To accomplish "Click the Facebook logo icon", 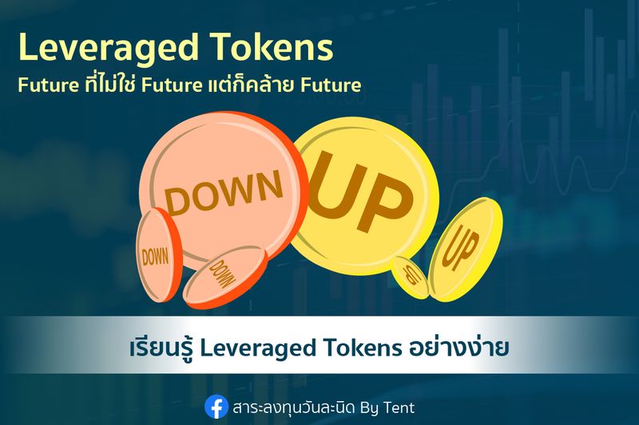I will pyautogui.click(x=216, y=407).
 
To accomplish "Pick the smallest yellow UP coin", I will pyautogui.click(x=410, y=276).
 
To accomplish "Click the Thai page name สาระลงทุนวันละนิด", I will pyautogui.click(x=292, y=407).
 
